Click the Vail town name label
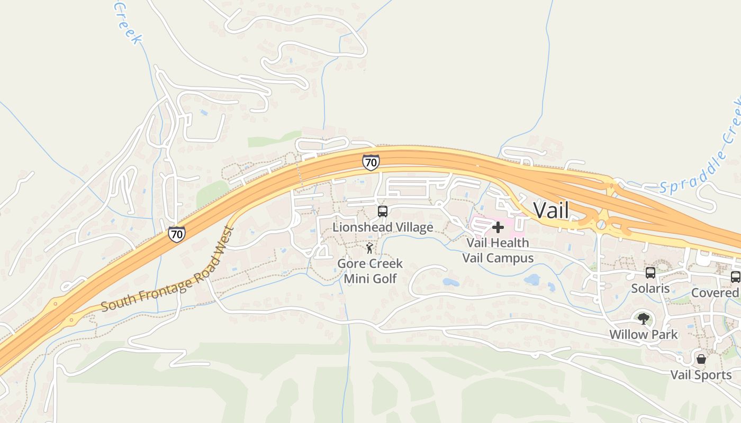551,210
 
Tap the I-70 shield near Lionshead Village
370,162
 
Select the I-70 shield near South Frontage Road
177,234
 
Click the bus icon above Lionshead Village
383,212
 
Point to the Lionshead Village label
383,227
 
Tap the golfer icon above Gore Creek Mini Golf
369,248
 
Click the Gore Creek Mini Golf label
370,271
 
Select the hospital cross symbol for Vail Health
498,227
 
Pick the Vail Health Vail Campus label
498,250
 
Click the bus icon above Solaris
650,273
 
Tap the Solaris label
650,289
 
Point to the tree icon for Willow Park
643,318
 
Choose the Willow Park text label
643,335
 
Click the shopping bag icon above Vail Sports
701,360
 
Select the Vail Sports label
701,375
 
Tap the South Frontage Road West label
168,270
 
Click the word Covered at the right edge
715,293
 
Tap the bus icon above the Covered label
735,277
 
